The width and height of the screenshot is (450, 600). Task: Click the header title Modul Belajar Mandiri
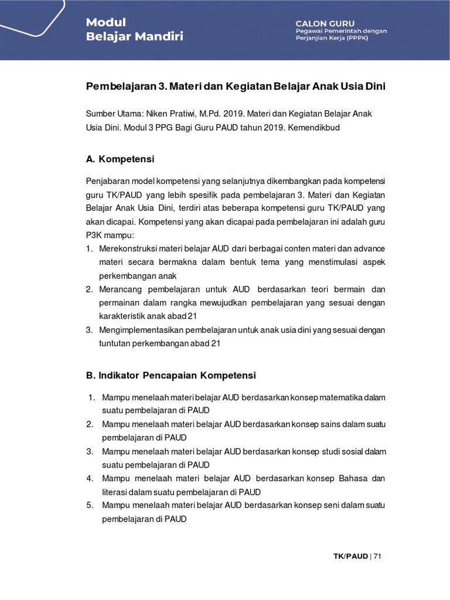(134, 29)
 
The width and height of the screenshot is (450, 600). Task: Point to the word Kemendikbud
(316, 127)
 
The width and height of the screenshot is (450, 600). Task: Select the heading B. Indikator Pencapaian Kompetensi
(171, 375)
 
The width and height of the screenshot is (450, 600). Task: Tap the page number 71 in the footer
(377, 556)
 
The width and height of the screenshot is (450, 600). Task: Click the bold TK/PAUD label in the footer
(350, 556)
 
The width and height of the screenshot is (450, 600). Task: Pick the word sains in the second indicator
(333, 424)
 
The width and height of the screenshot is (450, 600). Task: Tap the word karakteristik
(121, 316)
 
